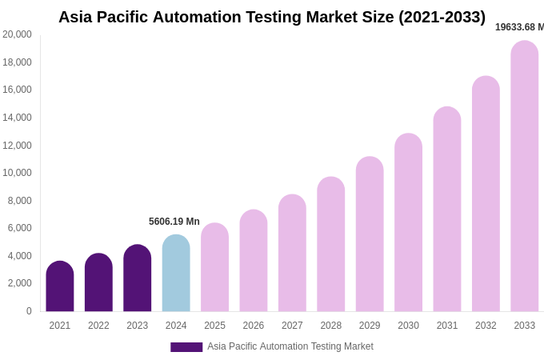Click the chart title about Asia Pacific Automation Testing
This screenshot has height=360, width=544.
click(x=272, y=17)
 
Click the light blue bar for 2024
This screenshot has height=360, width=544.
click(x=176, y=274)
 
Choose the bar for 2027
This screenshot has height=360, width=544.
click(x=292, y=254)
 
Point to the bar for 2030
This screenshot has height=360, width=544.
click(x=408, y=223)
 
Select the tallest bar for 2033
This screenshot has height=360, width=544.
click(x=525, y=177)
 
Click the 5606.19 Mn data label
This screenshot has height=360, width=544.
click(x=174, y=222)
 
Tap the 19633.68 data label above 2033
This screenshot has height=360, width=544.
click(x=519, y=27)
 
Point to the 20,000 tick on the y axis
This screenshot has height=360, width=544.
click(x=18, y=34)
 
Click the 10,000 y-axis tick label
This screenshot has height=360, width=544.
click(x=18, y=173)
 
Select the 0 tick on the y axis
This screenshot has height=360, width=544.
click(x=29, y=311)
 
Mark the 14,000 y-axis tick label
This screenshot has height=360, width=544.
click(x=18, y=118)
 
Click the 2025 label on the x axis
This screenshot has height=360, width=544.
click(x=214, y=326)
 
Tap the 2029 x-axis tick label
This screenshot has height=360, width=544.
click(x=370, y=326)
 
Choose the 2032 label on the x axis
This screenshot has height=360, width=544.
click(x=486, y=326)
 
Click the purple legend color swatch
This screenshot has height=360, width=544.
click(x=186, y=347)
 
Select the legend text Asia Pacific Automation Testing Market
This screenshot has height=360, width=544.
click(x=290, y=346)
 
